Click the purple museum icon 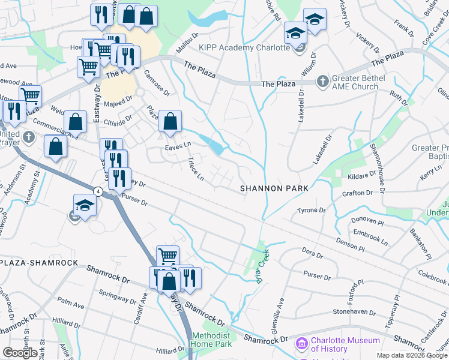(x=301, y=344)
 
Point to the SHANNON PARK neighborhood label (x=274, y=188)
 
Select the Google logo (x=20, y=353)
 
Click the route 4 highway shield (x=97, y=191)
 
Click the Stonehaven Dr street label (x=354, y=313)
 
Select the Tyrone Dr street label (x=311, y=211)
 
